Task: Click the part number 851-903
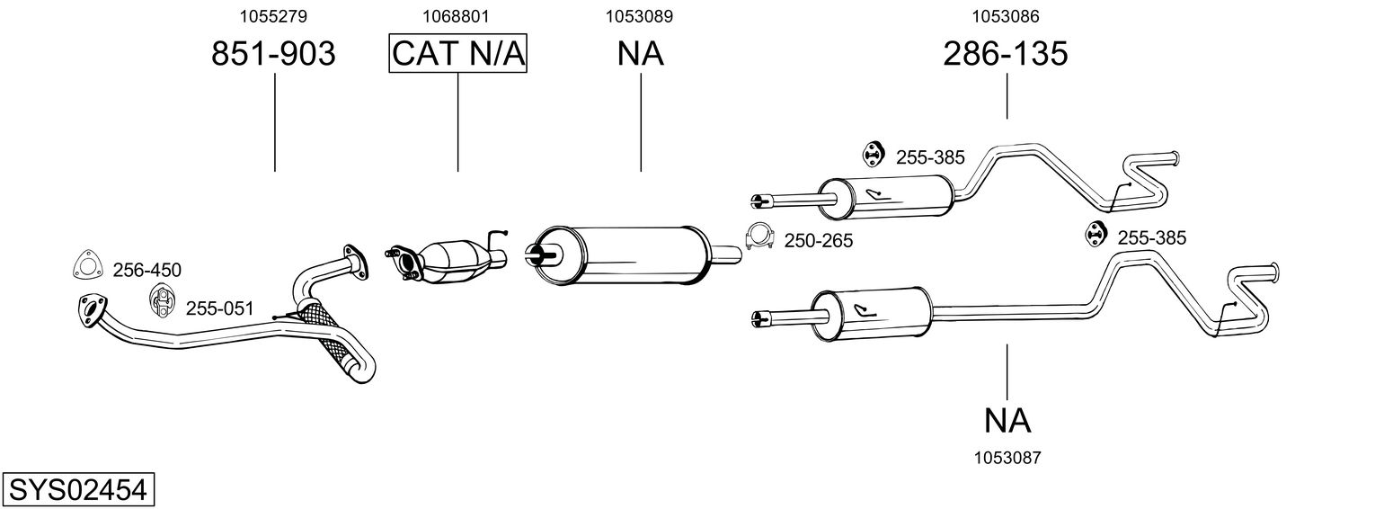pyautogui.click(x=273, y=55)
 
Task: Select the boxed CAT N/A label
pyautogui.click(x=457, y=55)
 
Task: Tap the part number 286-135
pyautogui.click(x=1006, y=55)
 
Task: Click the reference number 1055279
pyautogui.click(x=273, y=15)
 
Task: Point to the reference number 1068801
pyautogui.click(x=457, y=15)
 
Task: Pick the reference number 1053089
pyautogui.click(x=640, y=15)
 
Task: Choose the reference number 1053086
pyautogui.click(x=1006, y=15)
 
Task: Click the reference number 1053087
pyautogui.click(x=1007, y=458)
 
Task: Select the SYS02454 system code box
pyautogui.click(x=77, y=490)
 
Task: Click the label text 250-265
pyautogui.click(x=818, y=240)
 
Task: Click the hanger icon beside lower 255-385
pyautogui.click(x=1095, y=232)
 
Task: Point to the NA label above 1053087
pyautogui.click(x=1007, y=419)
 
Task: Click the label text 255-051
pyautogui.click(x=219, y=309)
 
